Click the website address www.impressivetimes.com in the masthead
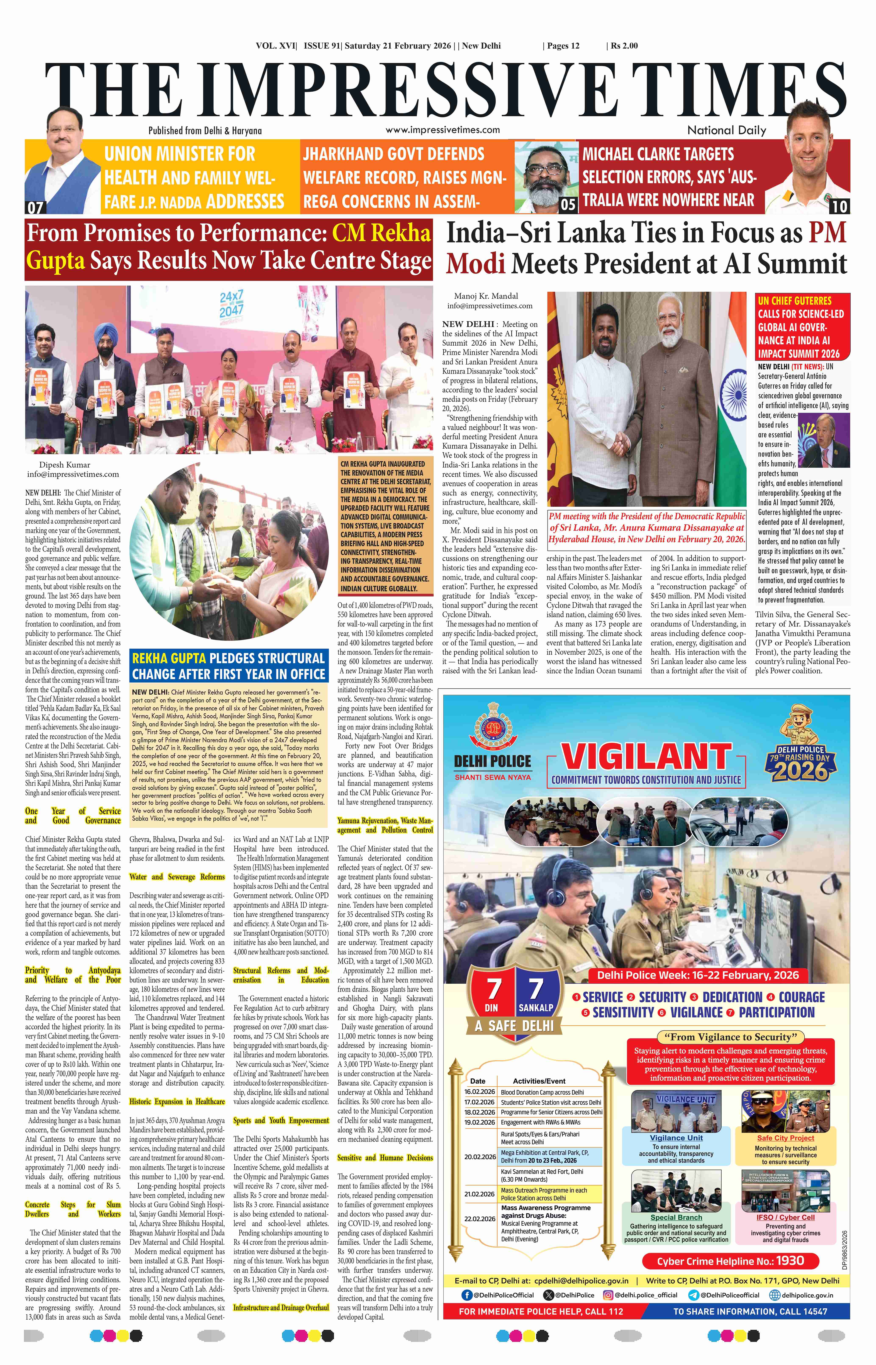(x=442, y=130)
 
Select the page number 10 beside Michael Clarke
(x=839, y=206)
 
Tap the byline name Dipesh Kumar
(x=64, y=465)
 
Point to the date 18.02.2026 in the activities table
(x=480, y=1112)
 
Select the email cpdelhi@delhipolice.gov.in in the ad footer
(x=581, y=1280)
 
